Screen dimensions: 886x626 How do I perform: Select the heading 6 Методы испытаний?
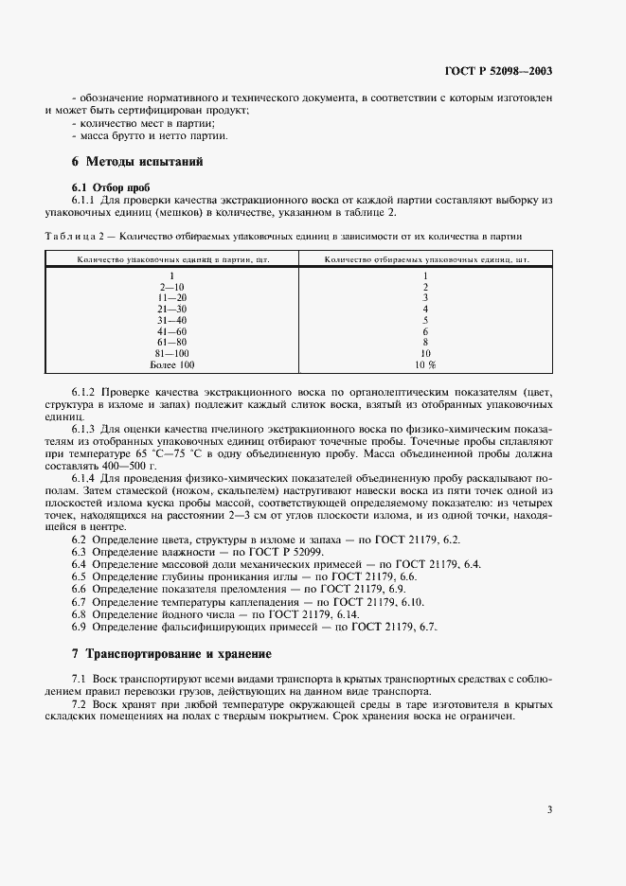coord(138,162)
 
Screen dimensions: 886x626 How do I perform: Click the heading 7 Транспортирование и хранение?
coord(171,653)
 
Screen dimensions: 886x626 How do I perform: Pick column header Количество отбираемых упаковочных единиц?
coord(426,257)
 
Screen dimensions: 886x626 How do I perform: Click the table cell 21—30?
coord(172,309)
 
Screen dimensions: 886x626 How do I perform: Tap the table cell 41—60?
coord(172,331)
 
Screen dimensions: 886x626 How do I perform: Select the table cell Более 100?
coord(172,364)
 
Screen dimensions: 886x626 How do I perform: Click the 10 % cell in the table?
coord(425,364)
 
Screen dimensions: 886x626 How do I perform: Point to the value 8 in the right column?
coord(425,343)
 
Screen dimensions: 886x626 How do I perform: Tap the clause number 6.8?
coord(80,613)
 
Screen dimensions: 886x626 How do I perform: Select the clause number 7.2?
coord(80,705)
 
